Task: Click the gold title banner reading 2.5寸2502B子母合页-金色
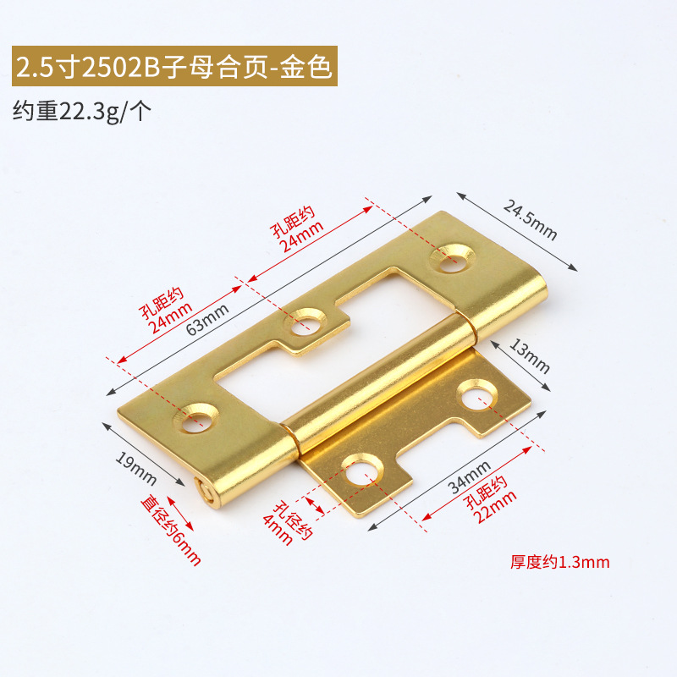click(174, 66)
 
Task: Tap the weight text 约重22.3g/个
click(82, 112)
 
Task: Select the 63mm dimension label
click(207, 319)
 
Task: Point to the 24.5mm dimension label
click(530, 220)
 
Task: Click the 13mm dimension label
click(530, 355)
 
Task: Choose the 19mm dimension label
click(135, 470)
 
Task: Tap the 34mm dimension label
click(470, 476)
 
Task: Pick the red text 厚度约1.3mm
click(560, 562)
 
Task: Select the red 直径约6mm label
click(171, 529)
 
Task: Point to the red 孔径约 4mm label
click(288, 522)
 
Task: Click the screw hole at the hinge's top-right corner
click(453, 258)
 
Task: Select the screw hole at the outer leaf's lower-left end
click(196, 418)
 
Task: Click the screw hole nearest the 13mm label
click(477, 394)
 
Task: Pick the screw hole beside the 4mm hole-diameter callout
click(362, 471)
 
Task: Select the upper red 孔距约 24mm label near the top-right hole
click(297, 228)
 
